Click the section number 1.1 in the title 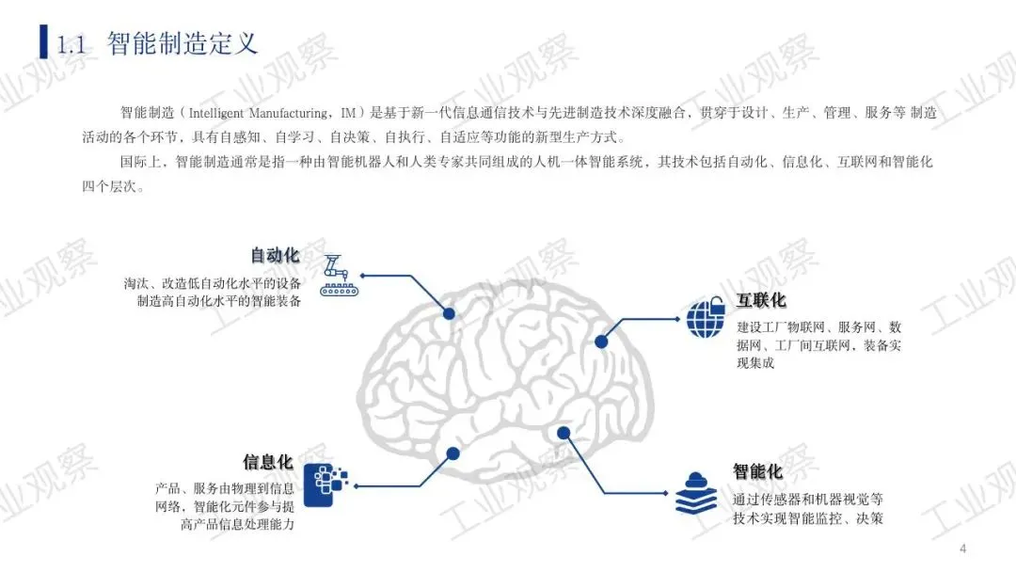click(73, 44)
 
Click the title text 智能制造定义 click(183, 43)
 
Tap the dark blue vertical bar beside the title click(43, 41)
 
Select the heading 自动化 click(275, 256)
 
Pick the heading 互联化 click(761, 301)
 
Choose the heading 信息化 click(268, 463)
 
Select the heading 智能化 click(757, 471)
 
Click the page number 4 click(962, 549)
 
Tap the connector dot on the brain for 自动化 click(449, 314)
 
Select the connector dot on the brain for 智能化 click(564, 433)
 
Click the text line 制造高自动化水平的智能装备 click(218, 302)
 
